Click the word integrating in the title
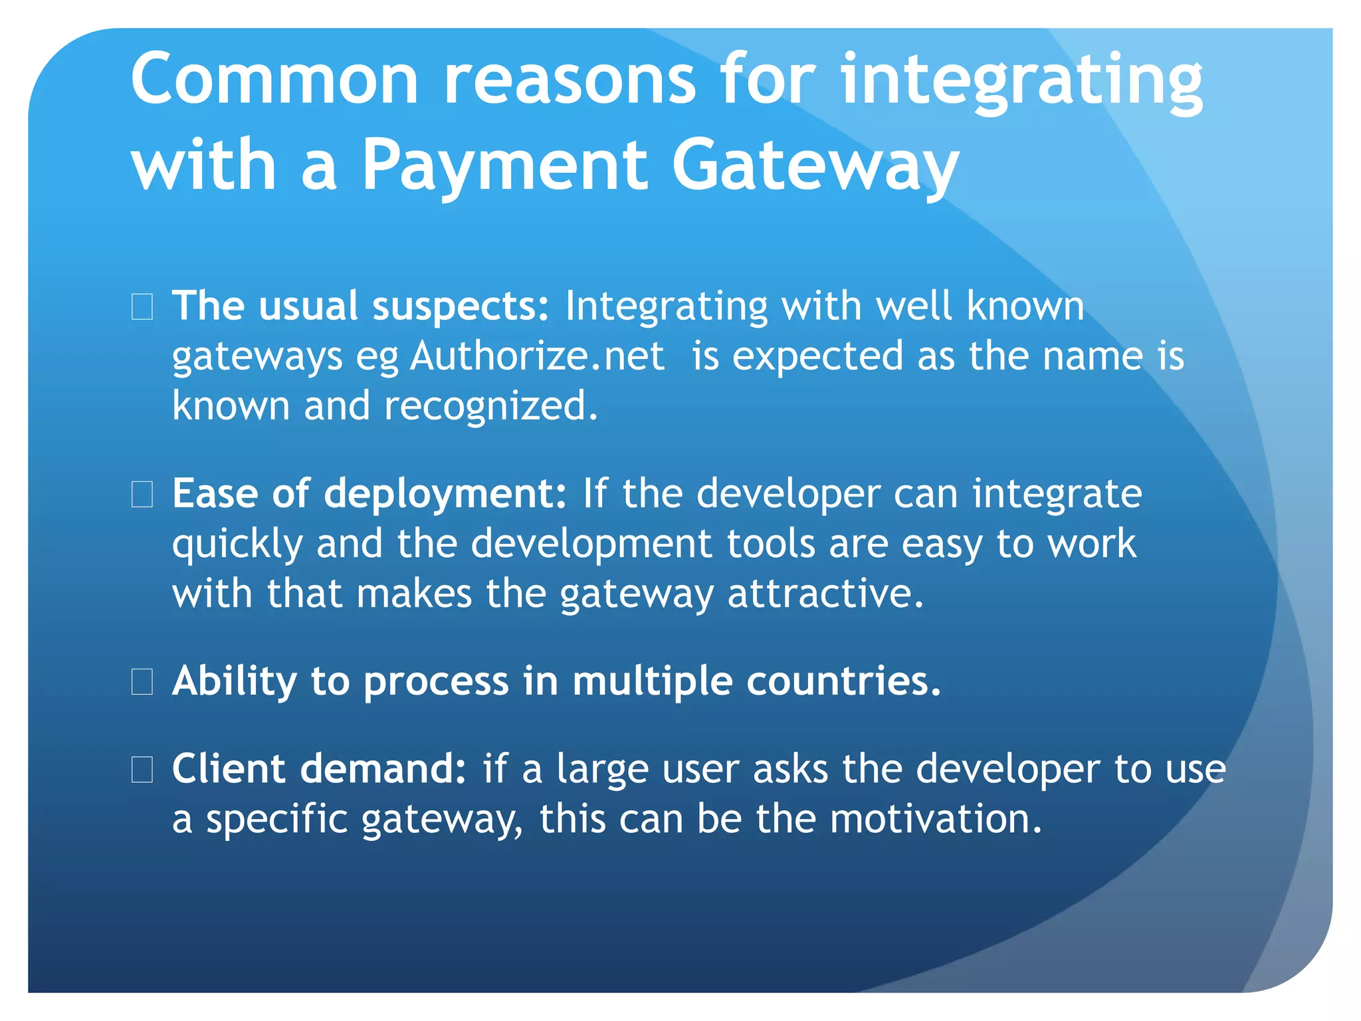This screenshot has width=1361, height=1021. (x=1021, y=81)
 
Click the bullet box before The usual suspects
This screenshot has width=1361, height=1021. (x=142, y=307)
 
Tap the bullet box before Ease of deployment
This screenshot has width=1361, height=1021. (x=142, y=495)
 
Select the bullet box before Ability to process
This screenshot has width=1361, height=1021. (x=142, y=682)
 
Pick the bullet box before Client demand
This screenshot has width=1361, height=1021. (x=142, y=770)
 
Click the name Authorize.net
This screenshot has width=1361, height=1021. (x=537, y=356)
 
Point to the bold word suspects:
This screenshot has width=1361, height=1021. (x=460, y=306)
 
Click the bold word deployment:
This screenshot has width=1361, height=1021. (x=445, y=494)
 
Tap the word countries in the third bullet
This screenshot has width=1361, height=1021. (x=843, y=681)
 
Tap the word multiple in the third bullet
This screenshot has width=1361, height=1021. (x=652, y=682)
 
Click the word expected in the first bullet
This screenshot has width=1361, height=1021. (x=817, y=356)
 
